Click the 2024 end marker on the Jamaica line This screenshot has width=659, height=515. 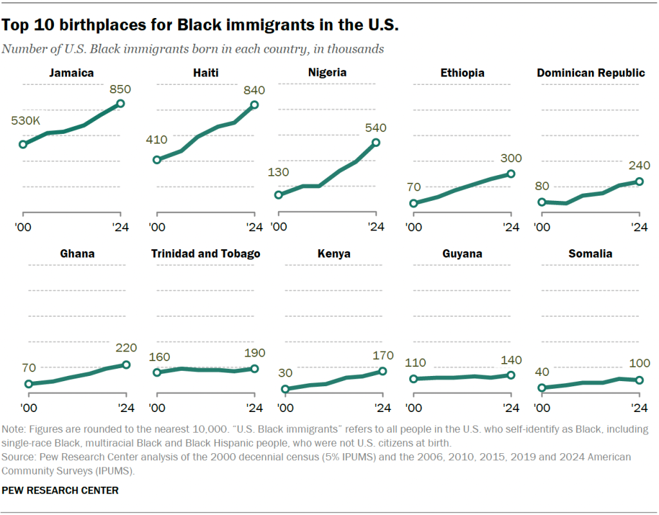pos(120,104)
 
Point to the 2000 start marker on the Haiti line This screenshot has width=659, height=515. pos(156,160)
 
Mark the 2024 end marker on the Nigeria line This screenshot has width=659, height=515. pos(376,143)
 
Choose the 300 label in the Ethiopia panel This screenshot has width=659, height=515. pos(510,158)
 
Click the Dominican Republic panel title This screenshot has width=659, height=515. pos(591,73)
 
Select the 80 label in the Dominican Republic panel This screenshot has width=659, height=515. pos(543,187)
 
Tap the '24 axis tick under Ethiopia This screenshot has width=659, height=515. pos(510,227)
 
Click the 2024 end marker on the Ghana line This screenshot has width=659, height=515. pos(126,365)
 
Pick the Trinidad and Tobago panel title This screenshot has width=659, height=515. pos(206,254)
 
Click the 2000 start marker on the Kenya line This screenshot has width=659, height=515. pos(286,389)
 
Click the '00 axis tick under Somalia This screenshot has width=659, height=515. pos(543,407)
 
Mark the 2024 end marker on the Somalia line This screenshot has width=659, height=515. pos(639,380)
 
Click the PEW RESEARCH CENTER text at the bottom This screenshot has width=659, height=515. pos(60,491)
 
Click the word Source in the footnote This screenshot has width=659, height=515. pos(19,456)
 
